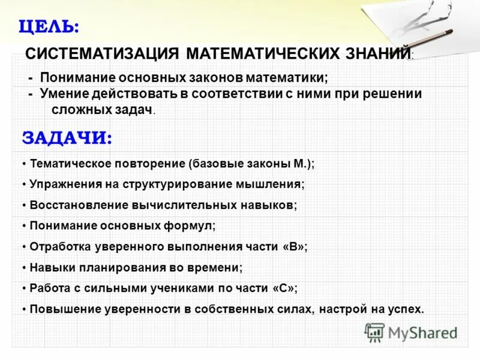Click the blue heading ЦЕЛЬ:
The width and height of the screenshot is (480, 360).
tap(49, 26)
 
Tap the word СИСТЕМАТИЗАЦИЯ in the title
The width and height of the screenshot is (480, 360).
tap(102, 53)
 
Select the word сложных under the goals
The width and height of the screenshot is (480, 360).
tap(77, 109)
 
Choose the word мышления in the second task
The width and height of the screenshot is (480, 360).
tap(274, 184)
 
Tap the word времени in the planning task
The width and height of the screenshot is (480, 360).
tap(219, 268)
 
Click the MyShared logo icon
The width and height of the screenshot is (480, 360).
tap(375, 332)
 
